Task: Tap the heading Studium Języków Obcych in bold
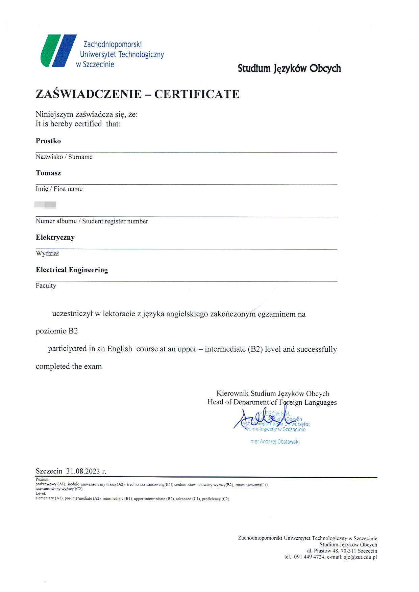coord(289,69)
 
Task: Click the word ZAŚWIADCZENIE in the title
coord(89,94)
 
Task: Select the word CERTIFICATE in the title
coord(197,94)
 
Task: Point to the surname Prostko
coord(48,141)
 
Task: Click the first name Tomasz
coord(48,173)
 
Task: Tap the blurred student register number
coord(46,205)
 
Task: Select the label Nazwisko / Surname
coord(64,157)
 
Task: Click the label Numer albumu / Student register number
coord(92,221)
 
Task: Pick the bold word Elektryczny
coord(55,238)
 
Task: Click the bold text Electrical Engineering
coord(72,270)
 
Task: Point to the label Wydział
coord(47,253)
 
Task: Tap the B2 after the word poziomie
coord(73,331)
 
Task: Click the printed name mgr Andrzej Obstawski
coord(275,442)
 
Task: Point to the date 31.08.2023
coord(83,471)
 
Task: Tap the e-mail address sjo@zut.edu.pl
coord(360,557)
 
